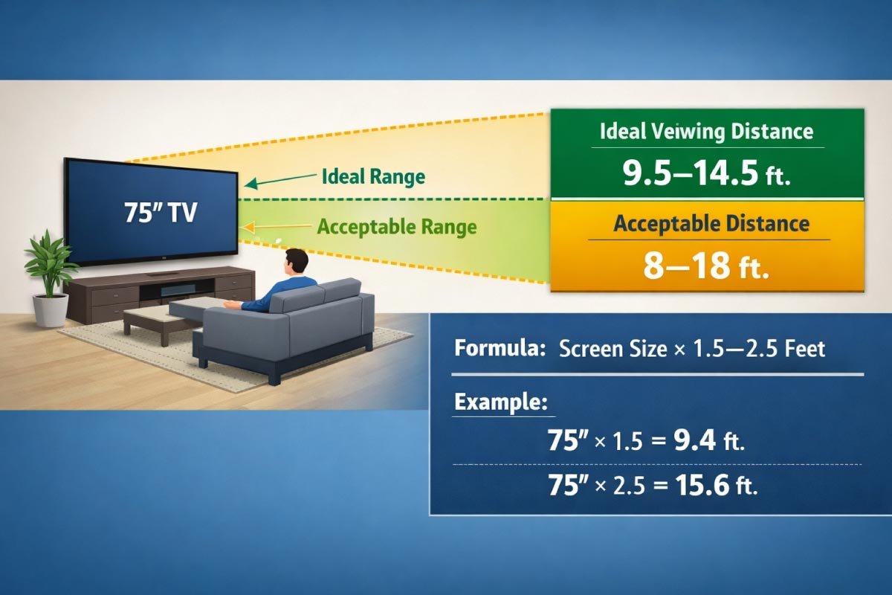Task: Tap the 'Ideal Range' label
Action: [373, 177]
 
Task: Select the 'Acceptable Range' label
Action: [396, 226]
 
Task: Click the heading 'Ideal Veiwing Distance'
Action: [706, 132]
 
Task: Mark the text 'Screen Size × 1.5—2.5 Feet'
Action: [691, 349]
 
